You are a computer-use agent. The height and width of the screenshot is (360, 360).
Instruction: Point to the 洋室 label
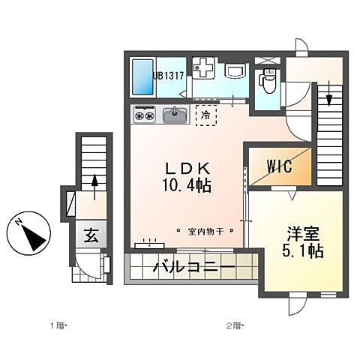[298, 233]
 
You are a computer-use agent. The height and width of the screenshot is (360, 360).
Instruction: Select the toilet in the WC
[268, 79]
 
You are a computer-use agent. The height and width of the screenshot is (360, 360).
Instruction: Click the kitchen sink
[175, 115]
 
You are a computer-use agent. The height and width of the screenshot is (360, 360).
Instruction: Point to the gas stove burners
[145, 115]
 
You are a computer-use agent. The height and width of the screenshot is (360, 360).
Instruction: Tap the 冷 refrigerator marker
[205, 115]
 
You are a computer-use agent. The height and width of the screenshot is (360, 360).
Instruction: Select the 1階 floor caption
[58, 325]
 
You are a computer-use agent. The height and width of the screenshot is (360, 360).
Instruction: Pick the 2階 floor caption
[234, 325]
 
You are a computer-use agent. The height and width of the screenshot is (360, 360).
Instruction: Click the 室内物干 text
[205, 231]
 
